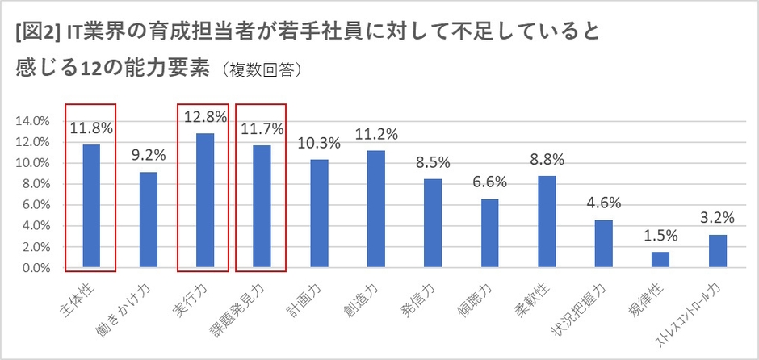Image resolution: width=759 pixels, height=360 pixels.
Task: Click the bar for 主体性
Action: [90, 206]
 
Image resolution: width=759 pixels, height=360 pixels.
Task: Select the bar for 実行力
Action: [204, 200]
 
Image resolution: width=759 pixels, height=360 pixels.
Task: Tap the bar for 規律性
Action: [660, 259]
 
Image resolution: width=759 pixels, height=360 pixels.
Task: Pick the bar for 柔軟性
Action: [546, 221]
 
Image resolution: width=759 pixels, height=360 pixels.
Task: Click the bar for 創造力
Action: [375, 208]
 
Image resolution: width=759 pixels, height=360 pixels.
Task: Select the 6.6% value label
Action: [489, 182]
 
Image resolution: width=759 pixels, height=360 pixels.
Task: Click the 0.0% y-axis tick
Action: [34, 268]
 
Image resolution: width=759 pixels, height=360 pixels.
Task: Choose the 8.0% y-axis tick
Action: [34, 184]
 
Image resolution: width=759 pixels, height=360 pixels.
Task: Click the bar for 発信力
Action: [433, 223]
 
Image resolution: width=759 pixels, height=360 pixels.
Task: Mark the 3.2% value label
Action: [717, 217]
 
